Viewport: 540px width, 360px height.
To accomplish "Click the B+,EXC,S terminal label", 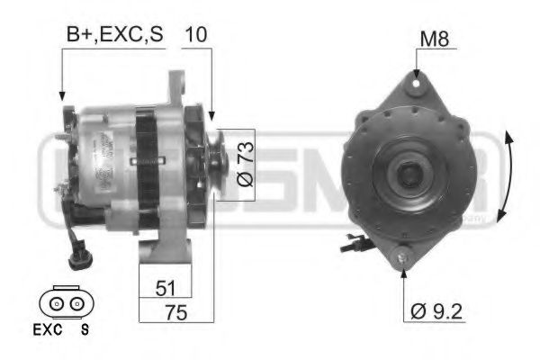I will (x=115, y=36).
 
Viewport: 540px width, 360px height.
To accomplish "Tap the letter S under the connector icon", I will (x=85, y=329).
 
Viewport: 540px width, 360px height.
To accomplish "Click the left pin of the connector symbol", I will (x=57, y=304).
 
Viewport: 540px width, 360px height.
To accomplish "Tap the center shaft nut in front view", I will (x=413, y=171).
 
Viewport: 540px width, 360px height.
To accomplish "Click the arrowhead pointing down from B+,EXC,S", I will (x=61, y=94).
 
